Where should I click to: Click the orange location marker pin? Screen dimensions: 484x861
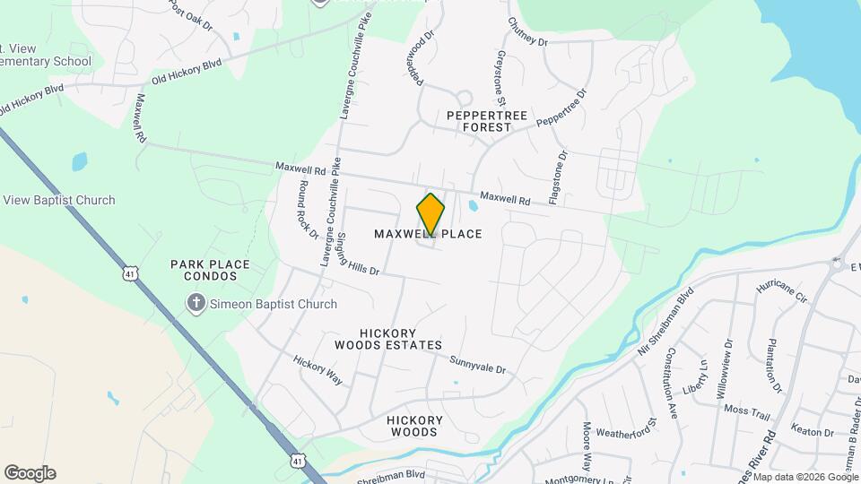[430, 214]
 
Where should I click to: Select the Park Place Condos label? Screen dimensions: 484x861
[210, 272]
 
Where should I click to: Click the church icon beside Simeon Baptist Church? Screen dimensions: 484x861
[196, 304]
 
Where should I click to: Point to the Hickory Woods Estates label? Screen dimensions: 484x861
[388, 338]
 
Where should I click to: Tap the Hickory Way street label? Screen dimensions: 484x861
[317, 369]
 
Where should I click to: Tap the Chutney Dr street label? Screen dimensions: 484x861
[526, 31]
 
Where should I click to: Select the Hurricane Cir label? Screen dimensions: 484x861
[782, 292]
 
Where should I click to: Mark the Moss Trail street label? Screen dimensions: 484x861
[747, 411]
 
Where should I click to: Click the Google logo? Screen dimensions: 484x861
[30, 472]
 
